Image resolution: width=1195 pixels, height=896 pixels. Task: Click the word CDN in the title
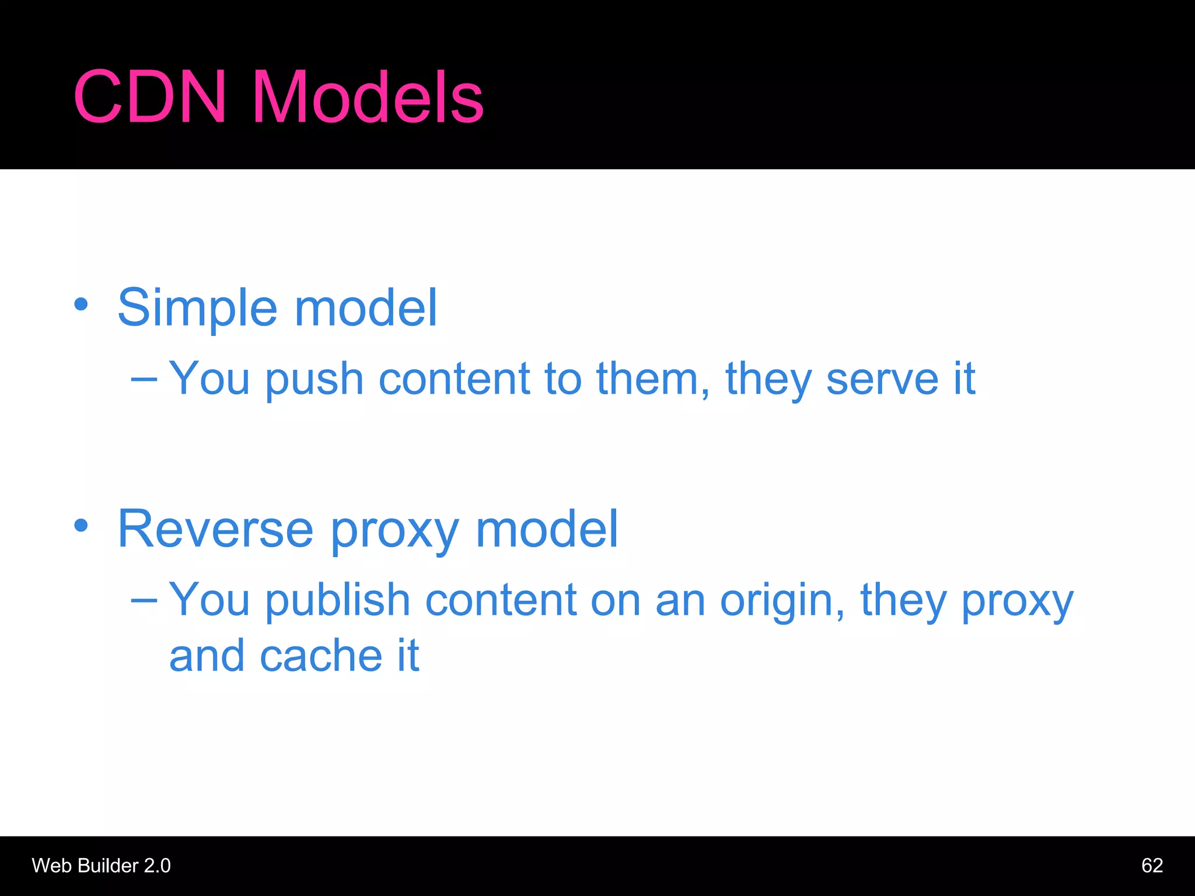[149, 97]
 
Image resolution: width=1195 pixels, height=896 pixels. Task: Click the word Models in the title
[368, 97]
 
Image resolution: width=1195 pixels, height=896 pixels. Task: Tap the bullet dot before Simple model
[81, 304]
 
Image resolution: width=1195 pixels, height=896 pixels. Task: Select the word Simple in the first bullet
[197, 308]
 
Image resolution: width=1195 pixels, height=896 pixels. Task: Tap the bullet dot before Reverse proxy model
[81, 525]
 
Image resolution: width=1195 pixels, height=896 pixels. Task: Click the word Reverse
[215, 530]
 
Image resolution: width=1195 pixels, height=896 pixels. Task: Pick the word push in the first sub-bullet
[315, 380]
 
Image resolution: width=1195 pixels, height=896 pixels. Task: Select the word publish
[338, 600]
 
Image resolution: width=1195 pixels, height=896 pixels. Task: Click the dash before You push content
[144, 380]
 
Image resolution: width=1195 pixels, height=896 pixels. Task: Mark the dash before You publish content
[144, 600]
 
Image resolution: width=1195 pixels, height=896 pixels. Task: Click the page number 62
[1152, 866]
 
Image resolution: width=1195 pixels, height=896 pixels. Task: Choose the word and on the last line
[207, 656]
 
